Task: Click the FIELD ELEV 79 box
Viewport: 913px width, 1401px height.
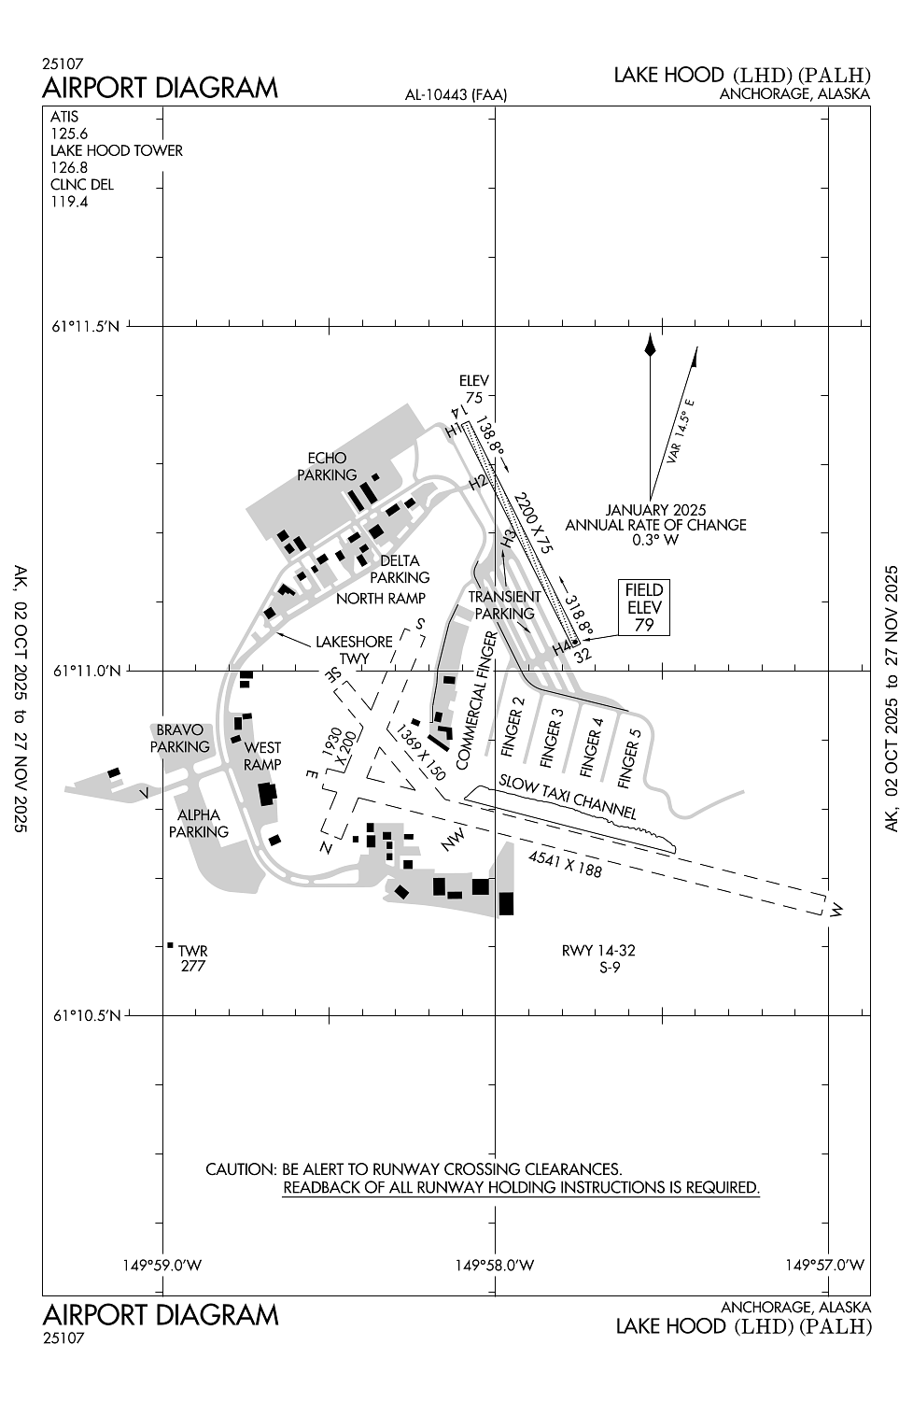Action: click(643, 607)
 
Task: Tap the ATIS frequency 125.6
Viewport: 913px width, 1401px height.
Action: click(69, 134)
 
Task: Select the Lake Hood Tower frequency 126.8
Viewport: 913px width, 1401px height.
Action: click(69, 167)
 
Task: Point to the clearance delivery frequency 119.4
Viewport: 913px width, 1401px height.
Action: click(69, 202)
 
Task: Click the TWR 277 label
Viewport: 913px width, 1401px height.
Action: click(192, 958)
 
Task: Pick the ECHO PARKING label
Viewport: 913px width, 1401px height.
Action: click(327, 467)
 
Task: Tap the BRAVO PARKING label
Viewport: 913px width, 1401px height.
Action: click(179, 738)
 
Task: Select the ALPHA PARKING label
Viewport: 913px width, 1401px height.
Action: click(198, 823)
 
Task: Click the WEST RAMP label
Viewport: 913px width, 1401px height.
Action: click(262, 756)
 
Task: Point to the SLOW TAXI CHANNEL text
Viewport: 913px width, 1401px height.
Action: click(568, 797)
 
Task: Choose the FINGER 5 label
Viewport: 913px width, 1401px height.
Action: click(630, 755)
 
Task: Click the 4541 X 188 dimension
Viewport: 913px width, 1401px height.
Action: click(566, 864)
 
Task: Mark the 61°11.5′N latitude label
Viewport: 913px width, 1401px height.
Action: click(86, 326)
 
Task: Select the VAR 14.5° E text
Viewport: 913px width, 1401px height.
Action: click(681, 431)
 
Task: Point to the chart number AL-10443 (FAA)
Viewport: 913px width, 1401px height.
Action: click(456, 94)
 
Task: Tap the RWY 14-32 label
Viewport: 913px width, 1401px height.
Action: click(598, 951)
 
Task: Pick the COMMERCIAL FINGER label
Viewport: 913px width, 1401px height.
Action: click(476, 700)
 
